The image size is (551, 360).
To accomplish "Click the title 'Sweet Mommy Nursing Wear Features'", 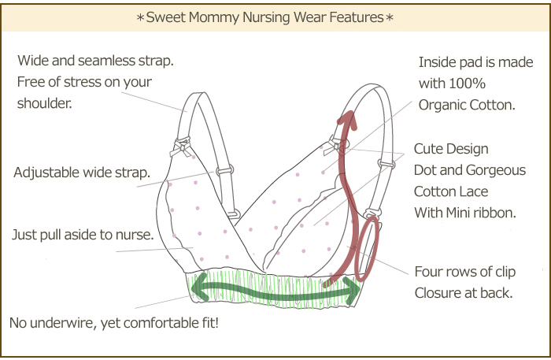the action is (265, 17).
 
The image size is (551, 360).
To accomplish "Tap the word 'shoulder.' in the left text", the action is (45, 103).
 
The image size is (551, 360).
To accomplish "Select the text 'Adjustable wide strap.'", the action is (82, 173).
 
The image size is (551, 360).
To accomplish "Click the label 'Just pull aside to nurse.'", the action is (83, 235).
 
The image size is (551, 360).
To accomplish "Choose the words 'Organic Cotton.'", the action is (467, 105).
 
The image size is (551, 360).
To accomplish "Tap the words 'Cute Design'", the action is (451, 149).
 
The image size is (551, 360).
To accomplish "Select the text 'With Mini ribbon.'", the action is (465, 213).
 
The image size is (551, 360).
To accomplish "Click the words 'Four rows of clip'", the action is (465, 272).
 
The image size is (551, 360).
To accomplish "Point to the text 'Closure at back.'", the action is (464, 293).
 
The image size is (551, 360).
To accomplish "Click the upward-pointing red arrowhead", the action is (348, 120).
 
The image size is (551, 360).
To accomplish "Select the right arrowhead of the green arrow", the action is (353, 291).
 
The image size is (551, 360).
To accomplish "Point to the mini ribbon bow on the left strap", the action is (181, 147).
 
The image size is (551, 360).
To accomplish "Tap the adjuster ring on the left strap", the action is (225, 171).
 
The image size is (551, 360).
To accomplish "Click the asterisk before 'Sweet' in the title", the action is (140, 17).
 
